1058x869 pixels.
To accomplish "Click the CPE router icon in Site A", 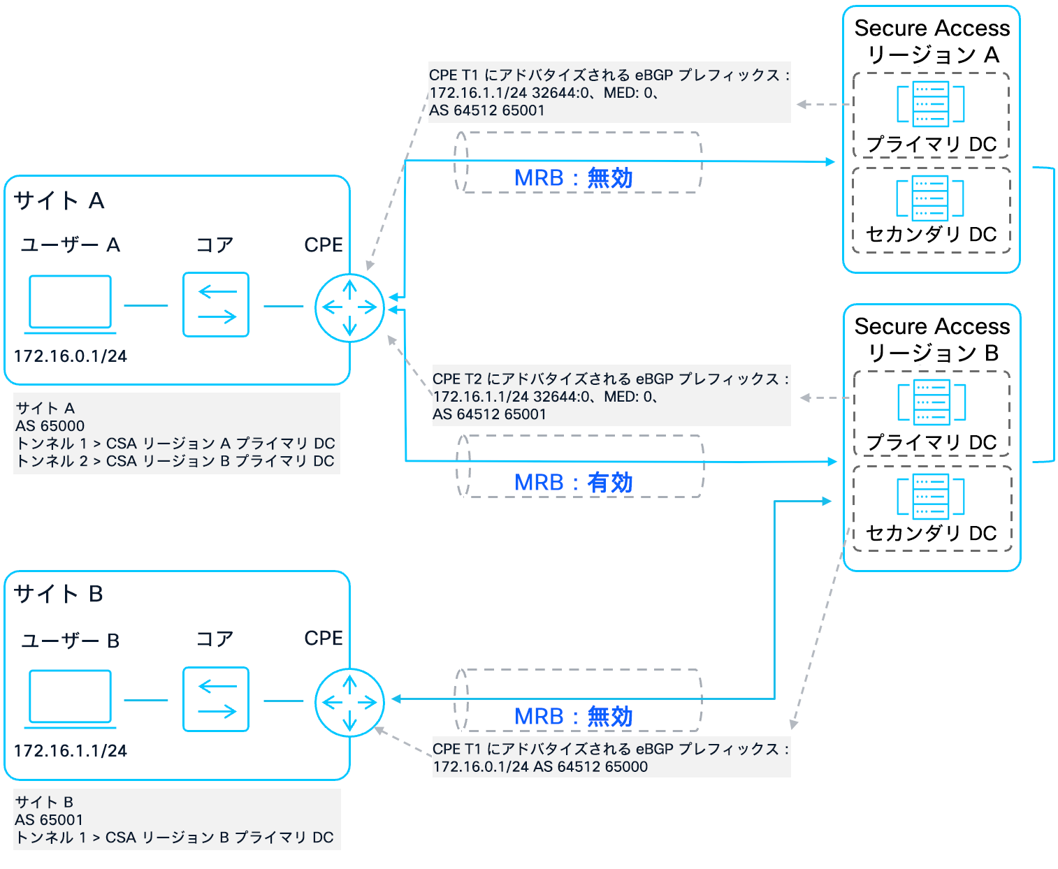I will coord(349,307).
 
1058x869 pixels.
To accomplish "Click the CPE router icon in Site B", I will coord(349,702).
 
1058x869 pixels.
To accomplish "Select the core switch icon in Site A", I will coord(216,305).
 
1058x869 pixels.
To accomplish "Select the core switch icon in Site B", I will coord(216,699).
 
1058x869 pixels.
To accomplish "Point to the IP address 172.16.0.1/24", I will coord(71,356).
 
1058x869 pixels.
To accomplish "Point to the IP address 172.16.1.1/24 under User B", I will coord(71,751).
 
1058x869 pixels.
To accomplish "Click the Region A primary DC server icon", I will coord(931,104).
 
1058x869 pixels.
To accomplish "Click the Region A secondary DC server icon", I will coord(931,198).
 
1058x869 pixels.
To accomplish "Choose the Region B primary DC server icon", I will coord(932,402).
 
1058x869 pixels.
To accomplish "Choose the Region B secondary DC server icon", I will coord(931,497).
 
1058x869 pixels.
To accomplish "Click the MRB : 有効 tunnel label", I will coord(573,482).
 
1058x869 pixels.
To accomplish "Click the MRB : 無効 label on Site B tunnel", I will coord(573,716).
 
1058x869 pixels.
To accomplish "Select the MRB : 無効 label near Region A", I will coord(573,178).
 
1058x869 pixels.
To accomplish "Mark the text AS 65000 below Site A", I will coord(50,425).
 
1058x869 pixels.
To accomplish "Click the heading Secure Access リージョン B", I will coord(932,339).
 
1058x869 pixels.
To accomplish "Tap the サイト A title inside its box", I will coord(59,201).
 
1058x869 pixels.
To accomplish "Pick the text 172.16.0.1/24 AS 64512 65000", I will coord(540,766).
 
